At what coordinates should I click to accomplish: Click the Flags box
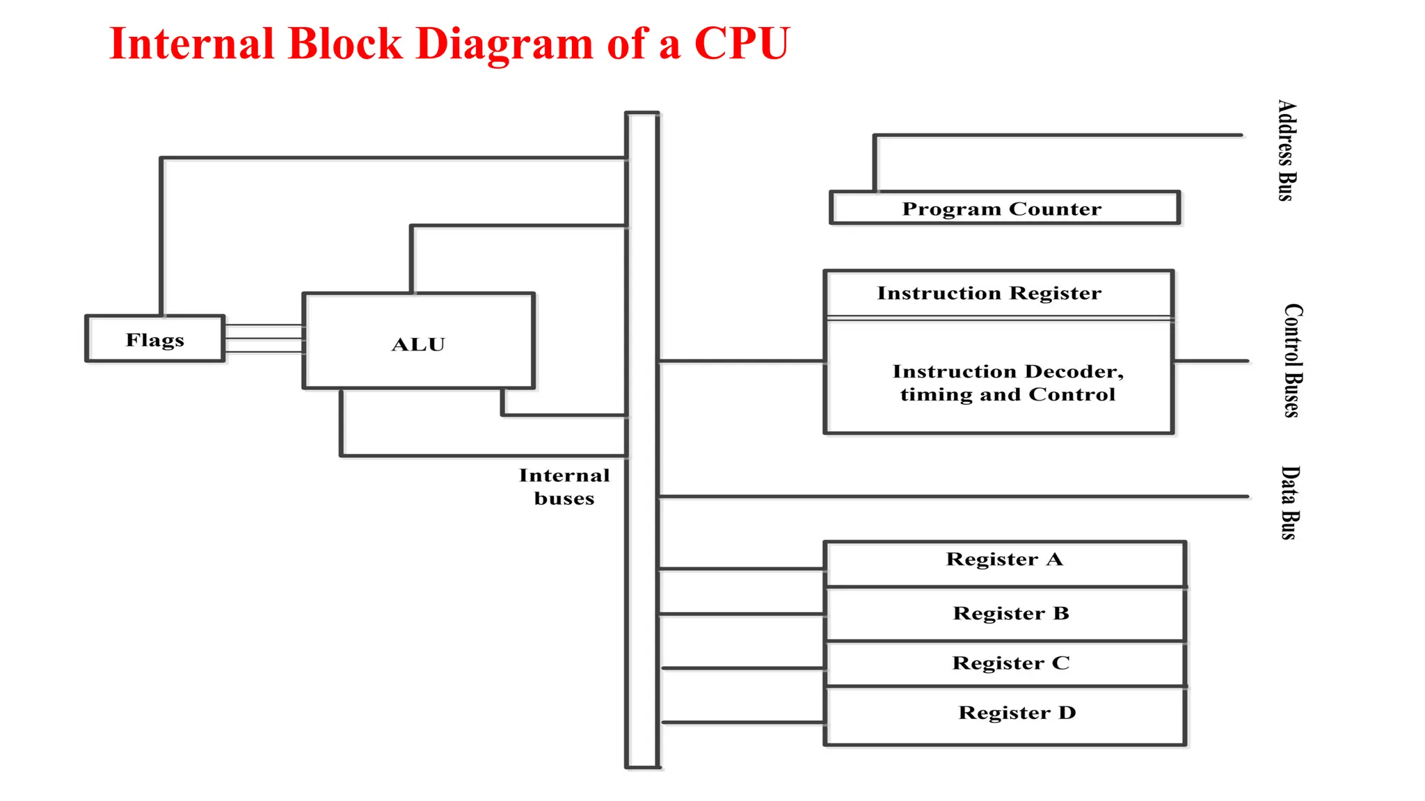point(154,339)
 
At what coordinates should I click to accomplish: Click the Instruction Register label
point(989,293)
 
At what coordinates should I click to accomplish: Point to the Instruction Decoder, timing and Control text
point(1007,383)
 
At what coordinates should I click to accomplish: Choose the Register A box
point(1004,563)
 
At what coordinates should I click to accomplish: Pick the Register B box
point(1004,614)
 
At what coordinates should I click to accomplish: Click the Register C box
point(1004,664)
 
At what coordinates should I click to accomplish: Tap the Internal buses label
point(564,487)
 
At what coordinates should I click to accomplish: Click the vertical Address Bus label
point(1287,150)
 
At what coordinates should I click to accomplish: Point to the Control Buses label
point(1293,360)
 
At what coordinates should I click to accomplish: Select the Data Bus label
point(1290,502)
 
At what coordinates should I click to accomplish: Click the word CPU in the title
point(742,43)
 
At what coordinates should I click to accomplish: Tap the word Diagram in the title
point(504,43)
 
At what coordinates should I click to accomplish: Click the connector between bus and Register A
point(741,569)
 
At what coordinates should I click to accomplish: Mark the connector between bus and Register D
point(742,722)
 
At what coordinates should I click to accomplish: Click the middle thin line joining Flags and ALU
point(264,339)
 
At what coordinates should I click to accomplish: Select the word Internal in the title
point(192,43)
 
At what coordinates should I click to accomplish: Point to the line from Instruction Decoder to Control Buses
point(1211,361)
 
